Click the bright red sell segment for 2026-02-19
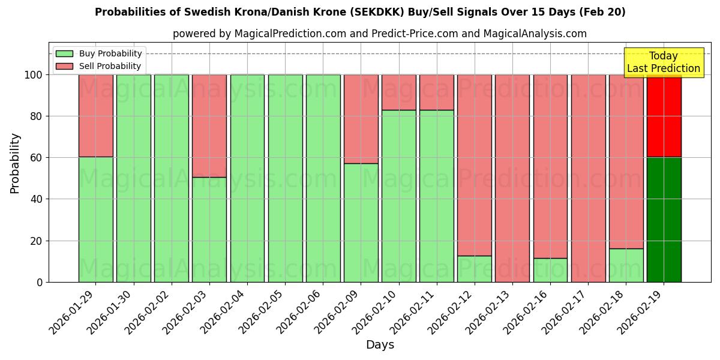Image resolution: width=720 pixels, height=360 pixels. [664, 116]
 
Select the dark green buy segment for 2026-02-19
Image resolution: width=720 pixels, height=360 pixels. [664, 220]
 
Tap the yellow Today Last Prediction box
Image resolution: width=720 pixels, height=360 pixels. [663, 62]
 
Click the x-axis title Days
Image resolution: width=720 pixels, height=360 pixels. [380, 345]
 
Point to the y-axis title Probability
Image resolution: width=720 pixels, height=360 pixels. [15, 163]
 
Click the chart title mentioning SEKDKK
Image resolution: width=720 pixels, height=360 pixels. [360, 12]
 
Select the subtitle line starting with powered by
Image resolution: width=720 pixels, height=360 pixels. [379, 34]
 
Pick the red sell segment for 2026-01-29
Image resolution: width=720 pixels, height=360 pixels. [95, 115]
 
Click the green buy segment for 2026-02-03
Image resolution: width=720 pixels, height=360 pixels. [209, 229]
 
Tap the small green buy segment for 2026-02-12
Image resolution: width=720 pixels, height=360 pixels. [474, 269]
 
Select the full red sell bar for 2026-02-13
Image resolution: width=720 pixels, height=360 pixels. [512, 178]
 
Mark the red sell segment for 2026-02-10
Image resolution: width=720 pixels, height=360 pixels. [398, 92]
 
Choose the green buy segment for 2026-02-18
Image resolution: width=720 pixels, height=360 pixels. [626, 265]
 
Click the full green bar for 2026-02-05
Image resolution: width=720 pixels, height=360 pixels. [285, 178]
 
